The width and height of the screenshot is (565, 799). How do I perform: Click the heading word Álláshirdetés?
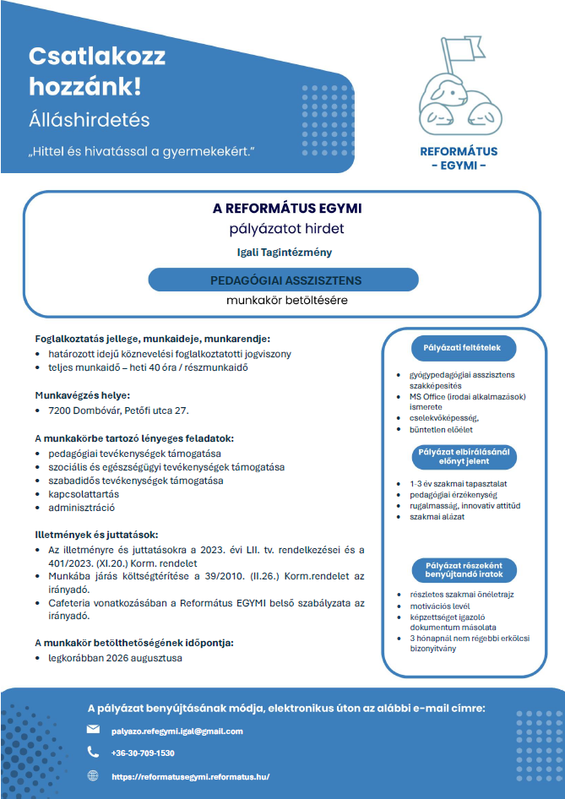coord(89,118)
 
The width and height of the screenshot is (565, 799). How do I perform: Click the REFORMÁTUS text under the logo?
coord(459,152)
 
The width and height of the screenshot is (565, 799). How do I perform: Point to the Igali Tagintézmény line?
coord(284,252)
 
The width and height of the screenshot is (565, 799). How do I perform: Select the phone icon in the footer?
coord(93,752)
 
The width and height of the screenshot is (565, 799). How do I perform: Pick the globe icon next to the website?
coord(93,775)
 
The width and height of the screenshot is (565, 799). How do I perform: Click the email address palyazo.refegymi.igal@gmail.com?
coord(177,731)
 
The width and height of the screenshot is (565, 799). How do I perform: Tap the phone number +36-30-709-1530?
coord(143,753)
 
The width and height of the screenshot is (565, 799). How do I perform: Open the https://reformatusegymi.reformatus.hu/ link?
coord(191,776)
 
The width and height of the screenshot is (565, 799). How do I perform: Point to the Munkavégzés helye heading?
coord(82,394)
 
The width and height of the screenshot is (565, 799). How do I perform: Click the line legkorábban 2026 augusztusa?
coord(115,657)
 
